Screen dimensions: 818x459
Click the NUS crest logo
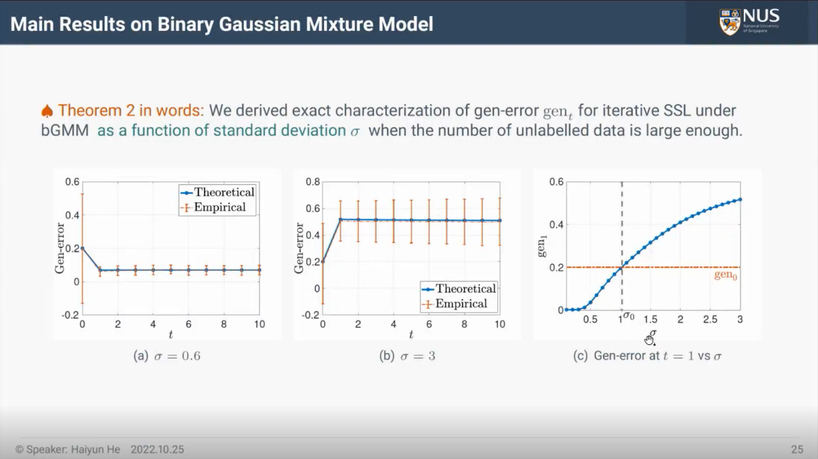pyautogui.click(x=730, y=22)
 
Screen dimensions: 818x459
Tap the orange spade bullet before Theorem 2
pyautogui.click(x=47, y=111)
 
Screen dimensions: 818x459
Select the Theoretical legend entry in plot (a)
pyautogui.click(x=217, y=192)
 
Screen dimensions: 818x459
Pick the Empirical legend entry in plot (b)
pyautogui.click(x=455, y=304)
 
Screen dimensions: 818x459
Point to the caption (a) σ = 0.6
pyautogui.click(x=167, y=356)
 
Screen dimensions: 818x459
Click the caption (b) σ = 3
pyautogui.click(x=408, y=356)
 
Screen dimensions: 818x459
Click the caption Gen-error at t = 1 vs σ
pyautogui.click(x=657, y=356)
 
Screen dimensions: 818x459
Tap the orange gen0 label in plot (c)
pyautogui.click(x=726, y=275)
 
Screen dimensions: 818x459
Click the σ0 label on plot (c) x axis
pyautogui.click(x=628, y=316)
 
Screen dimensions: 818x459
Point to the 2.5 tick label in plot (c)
pyautogui.click(x=710, y=320)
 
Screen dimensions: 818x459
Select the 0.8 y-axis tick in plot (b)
pyautogui.click(x=313, y=182)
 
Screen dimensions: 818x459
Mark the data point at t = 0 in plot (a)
pyautogui.click(x=83, y=248)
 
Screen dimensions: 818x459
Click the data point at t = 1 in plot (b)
pyautogui.click(x=341, y=220)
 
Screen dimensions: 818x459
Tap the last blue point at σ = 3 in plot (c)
pyautogui.click(x=740, y=200)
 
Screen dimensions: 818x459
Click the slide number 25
pyautogui.click(x=797, y=449)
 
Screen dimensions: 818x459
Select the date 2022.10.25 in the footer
pyautogui.click(x=157, y=449)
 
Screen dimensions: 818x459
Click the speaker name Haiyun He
pyautogui.click(x=95, y=449)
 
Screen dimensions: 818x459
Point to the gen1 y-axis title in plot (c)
pyautogui.click(x=542, y=246)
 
